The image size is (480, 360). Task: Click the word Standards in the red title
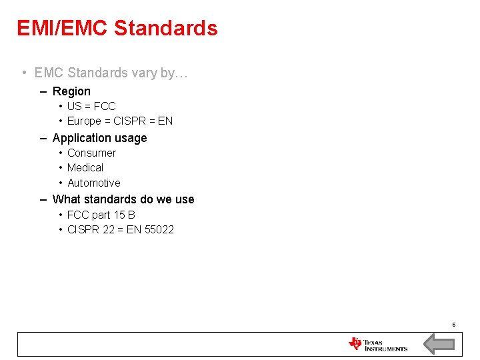[166, 29]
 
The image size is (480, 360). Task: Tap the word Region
[71, 91]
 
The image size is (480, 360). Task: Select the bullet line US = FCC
[91, 106]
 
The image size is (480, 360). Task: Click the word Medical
[85, 167]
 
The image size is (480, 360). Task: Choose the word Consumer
[91, 153]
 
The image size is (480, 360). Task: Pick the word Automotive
[94, 183]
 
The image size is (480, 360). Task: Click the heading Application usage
[99, 138]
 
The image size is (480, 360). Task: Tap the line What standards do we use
[123, 199]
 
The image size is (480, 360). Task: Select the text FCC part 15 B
[101, 215]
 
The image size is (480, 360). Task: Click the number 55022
[160, 229]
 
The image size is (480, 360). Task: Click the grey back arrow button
[439, 344]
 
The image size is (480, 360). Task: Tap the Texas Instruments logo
[377, 344]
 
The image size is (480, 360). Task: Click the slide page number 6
[453, 325]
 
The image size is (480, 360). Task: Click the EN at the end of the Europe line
[165, 121]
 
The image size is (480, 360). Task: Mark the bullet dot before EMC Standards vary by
[23, 73]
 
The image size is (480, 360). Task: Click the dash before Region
[43, 91]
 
